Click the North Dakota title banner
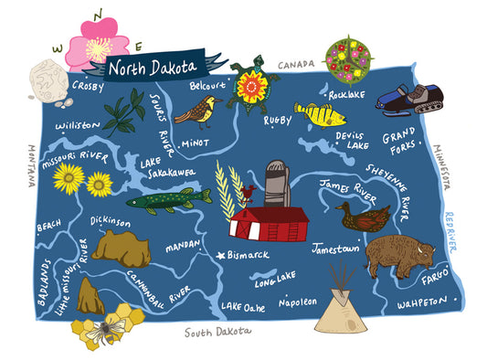click(x=150, y=67)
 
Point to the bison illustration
click(x=400, y=254)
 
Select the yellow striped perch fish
click(x=321, y=115)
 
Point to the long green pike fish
click(x=168, y=199)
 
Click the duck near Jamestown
click(x=362, y=217)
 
